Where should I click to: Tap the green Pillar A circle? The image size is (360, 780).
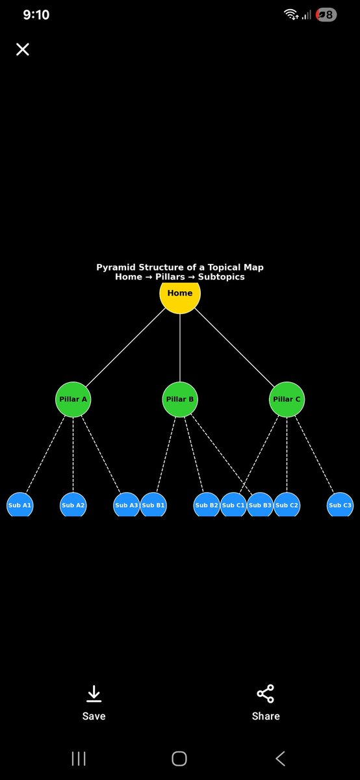click(x=73, y=399)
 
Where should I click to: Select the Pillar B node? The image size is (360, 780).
click(x=180, y=399)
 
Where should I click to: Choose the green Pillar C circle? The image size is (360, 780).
click(x=287, y=399)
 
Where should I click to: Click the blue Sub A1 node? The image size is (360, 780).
click(x=19, y=505)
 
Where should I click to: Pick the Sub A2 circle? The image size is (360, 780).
click(x=73, y=505)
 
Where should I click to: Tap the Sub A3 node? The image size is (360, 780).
click(x=125, y=505)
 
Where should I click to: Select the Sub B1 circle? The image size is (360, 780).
click(x=154, y=505)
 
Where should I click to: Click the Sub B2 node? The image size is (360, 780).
click(x=206, y=505)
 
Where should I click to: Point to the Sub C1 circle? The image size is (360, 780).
click(x=233, y=505)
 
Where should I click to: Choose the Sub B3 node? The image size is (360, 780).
click(x=261, y=505)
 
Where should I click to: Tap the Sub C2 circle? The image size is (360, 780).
click(x=287, y=505)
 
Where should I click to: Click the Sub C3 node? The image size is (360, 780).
click(x=340, y=505)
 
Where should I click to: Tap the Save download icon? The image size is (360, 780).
click(x=94, y=694)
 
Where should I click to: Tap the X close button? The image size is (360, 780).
click(x=23, y=49)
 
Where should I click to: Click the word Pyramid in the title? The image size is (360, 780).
click(x=115, y=267)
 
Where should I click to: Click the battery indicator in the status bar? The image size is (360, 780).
click(x=326, y=14)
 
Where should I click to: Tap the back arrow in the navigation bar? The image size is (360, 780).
click(x=280, y=758)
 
